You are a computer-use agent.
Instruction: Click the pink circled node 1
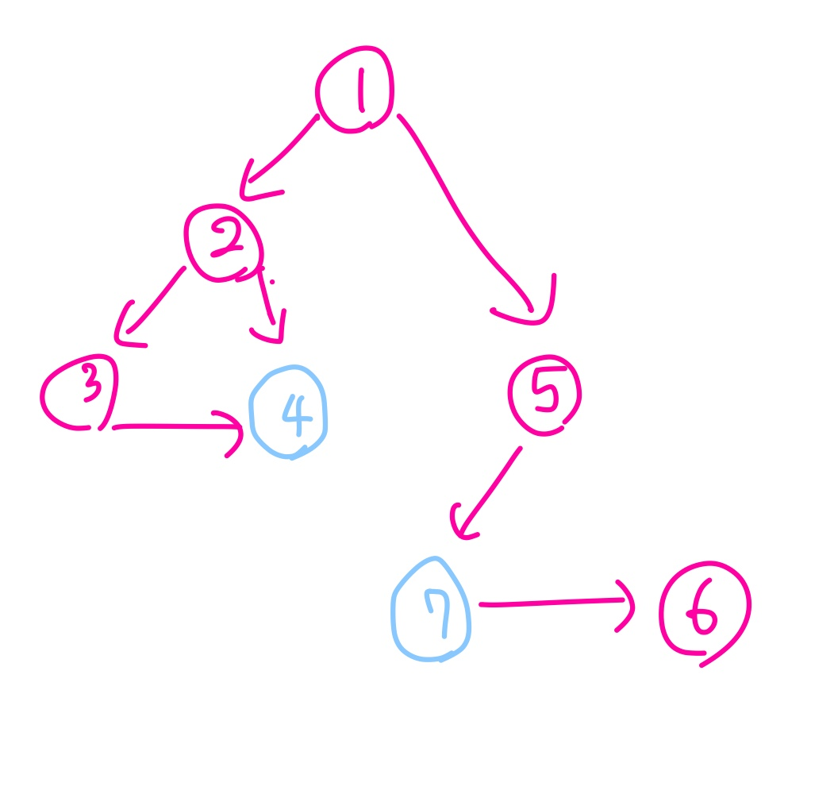tap(355, 91)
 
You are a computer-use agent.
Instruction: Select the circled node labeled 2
tap(223, 243)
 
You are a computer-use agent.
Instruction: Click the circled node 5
tap(544, 395)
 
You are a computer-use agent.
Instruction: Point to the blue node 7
tap(432, 610)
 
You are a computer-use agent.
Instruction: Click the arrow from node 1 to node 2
tap(279, 157)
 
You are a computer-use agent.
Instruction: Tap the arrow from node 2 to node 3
tap(151, 306)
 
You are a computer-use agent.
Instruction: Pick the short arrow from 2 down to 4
tap(269, 306)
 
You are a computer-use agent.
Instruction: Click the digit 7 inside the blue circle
tap(436, 613)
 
